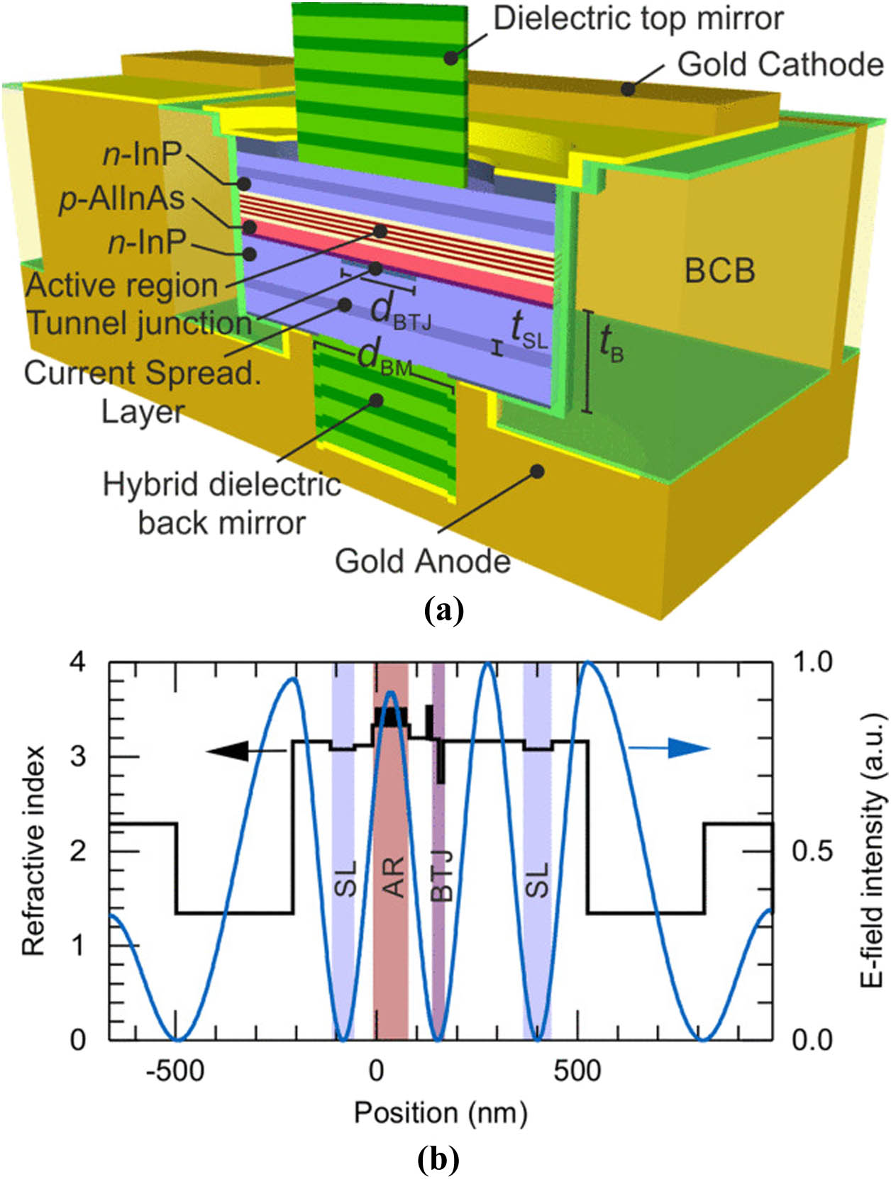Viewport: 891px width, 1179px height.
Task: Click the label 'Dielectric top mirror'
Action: pos(638,19)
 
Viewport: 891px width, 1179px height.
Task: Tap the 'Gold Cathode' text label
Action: pos(780,65)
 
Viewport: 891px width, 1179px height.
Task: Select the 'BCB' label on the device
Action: pos(719,271)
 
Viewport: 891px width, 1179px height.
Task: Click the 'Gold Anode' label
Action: pos(423,561)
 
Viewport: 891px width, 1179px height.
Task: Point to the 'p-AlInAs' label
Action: pos(121,199)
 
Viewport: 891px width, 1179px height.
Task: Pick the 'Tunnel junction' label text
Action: pos(139,323)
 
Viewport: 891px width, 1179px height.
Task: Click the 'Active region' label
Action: pos(121,286)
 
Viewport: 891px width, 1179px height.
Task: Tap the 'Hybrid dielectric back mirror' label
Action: pos(222,504)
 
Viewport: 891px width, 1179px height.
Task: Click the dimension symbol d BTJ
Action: pos(400,311)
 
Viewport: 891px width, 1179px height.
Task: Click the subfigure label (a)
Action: pos(443,609)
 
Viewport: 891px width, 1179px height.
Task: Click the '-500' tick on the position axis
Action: pos(175,1071)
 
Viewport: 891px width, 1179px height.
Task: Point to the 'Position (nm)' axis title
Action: pos(441,1113)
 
